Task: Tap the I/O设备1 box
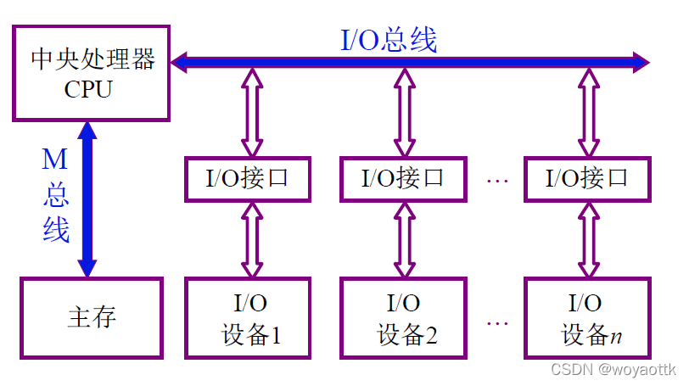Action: pos(248,318)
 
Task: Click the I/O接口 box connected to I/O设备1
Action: pos(248,178)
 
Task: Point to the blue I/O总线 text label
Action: pos(389,40)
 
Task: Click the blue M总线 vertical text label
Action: pos(56,195)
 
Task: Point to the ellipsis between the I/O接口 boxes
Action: pos(496,180)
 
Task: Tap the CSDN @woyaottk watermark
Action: pos(613,370)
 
